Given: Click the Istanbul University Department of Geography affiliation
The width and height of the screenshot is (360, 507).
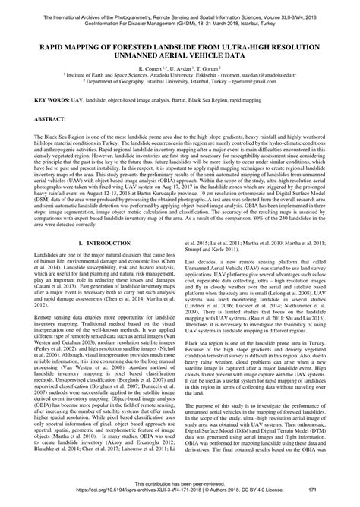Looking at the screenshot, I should click(180, 84).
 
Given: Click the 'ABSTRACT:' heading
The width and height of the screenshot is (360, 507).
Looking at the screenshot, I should click(35, 119).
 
